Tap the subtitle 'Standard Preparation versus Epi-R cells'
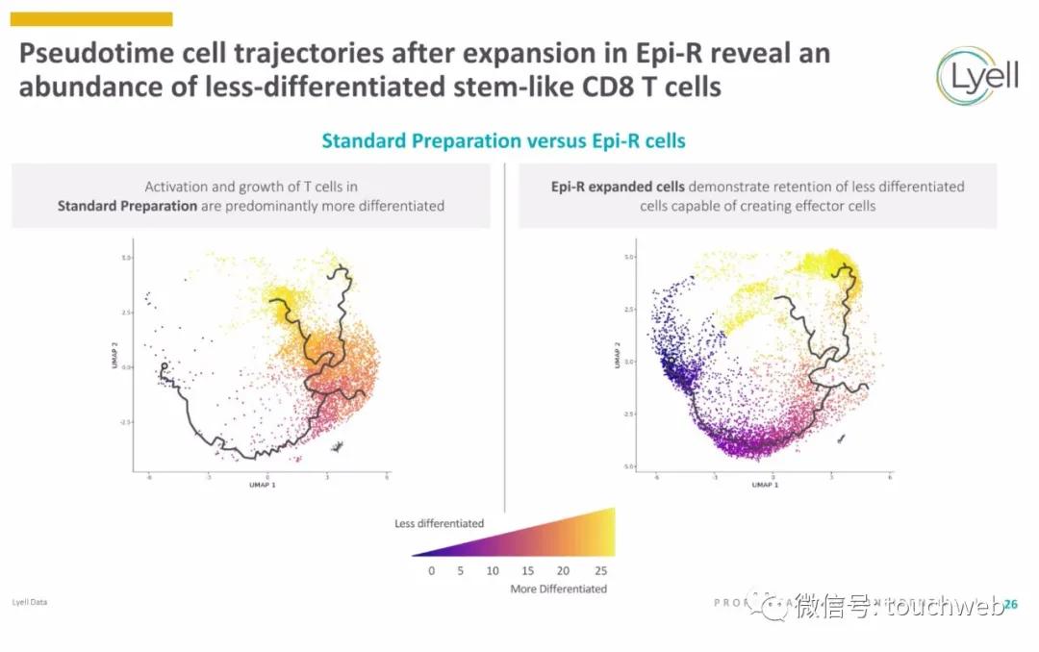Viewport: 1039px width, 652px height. point(503,140)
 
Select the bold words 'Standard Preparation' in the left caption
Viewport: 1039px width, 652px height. point(127,205)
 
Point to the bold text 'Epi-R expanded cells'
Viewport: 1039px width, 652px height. point(618,187)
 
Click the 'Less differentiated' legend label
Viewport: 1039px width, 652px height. point(439,523)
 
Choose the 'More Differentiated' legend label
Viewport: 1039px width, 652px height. point(558,589)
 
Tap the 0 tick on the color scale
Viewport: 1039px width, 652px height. point(431,570)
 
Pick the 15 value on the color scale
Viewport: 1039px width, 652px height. point(527,570)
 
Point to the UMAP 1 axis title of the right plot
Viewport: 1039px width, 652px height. point(766,485)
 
